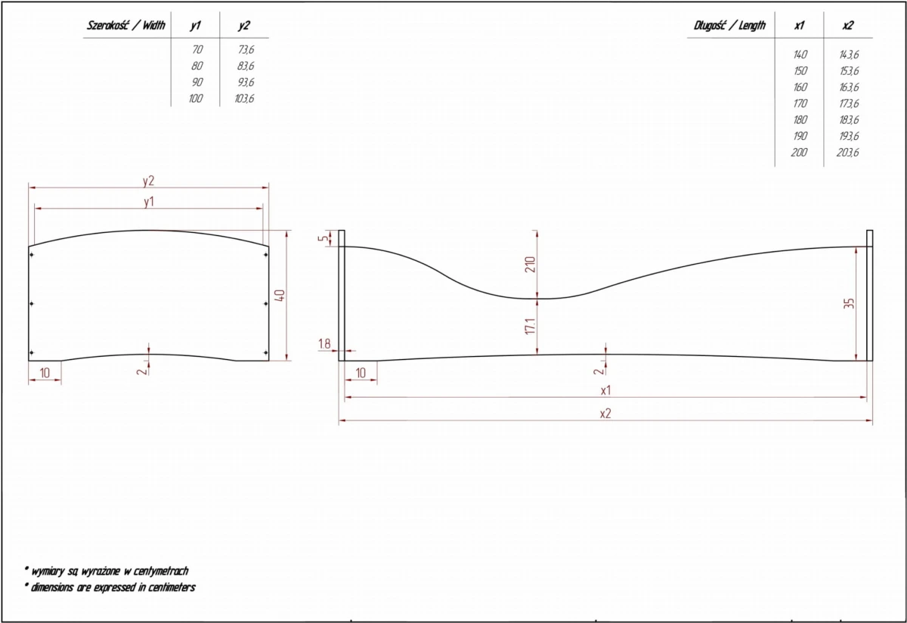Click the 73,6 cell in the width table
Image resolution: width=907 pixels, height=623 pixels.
tap(246, 49)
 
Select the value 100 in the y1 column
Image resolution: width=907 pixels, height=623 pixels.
tap(196, 98)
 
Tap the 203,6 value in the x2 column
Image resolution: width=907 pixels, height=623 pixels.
tap(847, 152)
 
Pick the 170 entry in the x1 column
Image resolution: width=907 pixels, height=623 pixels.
tap(800, 104)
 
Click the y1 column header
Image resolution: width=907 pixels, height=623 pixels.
tap(196, 26)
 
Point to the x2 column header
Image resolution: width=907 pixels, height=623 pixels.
tap(847, 26)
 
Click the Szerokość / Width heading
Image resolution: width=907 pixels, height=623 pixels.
tap(126, 26)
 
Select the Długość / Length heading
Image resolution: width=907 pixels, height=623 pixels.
tap(729, 26)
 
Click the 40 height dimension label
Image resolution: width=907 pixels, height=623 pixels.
tap(280, 296)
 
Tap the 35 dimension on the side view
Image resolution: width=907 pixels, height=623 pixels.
tap(849, 303)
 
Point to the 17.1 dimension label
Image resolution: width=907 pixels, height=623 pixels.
tap(530, 326)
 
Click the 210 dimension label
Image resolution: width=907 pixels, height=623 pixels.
tap(530, 265)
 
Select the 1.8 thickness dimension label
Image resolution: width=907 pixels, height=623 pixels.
tap(324, 344)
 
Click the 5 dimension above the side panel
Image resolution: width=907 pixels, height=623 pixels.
tap(323, 237)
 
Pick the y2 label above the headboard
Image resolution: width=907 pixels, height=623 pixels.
tap(149, 181)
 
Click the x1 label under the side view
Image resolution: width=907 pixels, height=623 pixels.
tap(605, 390)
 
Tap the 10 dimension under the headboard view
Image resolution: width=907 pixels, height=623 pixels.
tap(45, 373)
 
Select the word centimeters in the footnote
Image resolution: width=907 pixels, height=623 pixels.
tap(172, 587)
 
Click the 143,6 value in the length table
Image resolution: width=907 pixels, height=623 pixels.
tap(849, 54)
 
